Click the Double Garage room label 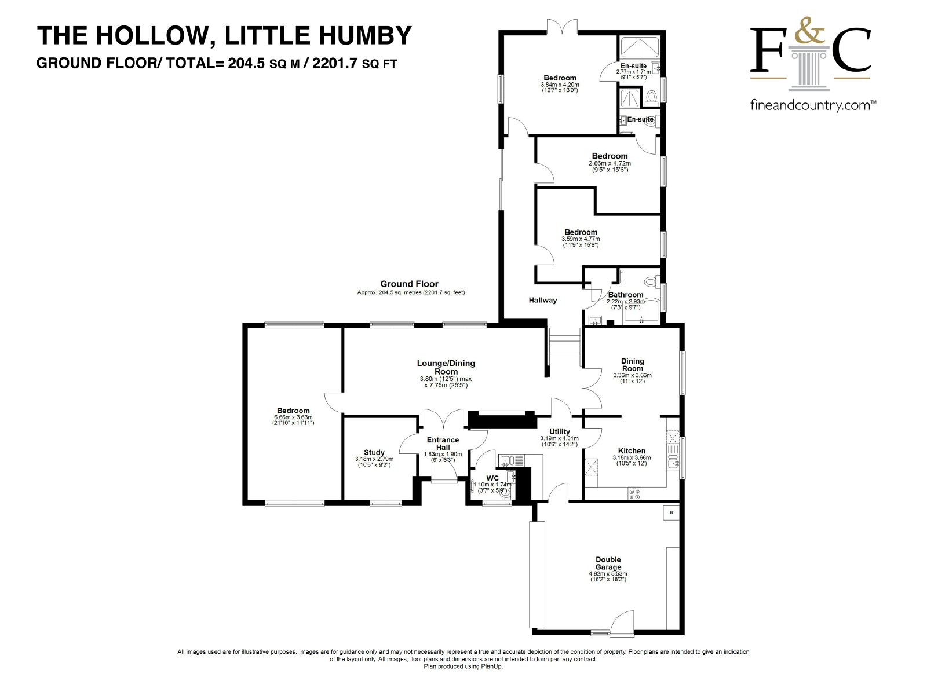pos(608,563)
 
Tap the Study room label pos(374,452)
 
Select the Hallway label pos(542,300)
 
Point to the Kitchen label pos(632,450)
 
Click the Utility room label pos(560,432)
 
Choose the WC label pos(492,478)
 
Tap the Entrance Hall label pos(443,444)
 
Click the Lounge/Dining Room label pos(446,367)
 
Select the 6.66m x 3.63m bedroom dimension pos(293,417)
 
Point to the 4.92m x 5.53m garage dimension pos(608,573)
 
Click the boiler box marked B pos(671,512)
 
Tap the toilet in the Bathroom pos(651,281)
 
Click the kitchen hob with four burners pos(634,494)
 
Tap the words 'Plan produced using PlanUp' pos(463,666)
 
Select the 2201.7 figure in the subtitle pos(334,63)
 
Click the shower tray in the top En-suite pos(639,47)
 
